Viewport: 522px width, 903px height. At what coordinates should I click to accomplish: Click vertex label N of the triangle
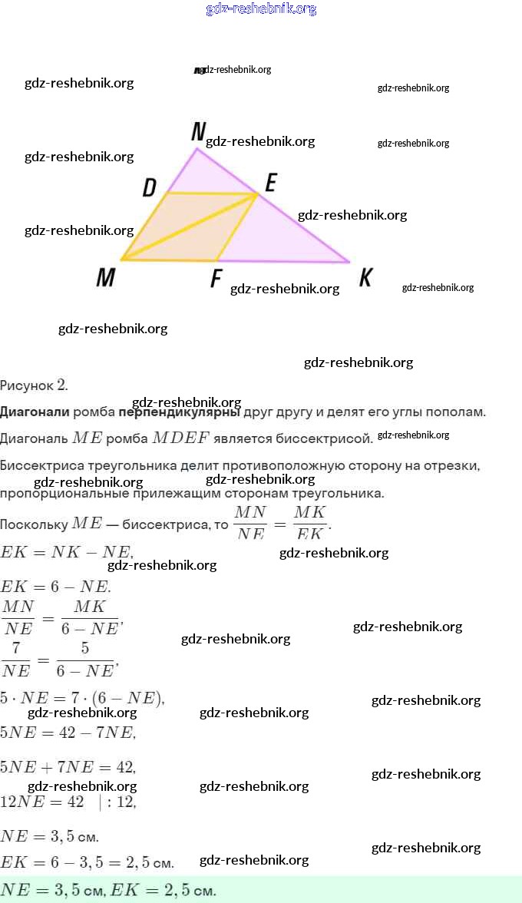pyautogui.click(x=198, y=133)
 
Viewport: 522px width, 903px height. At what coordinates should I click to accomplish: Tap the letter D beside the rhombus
pyautogui.click(x=150, y=187)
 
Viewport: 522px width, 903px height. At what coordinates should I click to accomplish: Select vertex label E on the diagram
pyautogui.click(x=270, y=183)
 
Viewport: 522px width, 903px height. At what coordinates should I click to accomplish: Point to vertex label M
pyautogui.click(x=105, y=277)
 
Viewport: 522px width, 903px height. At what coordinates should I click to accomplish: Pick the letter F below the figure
pyautogui.click(x=216, y=278)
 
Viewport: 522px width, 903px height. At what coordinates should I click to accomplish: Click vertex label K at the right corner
pyautogui.click(x=365, y=277)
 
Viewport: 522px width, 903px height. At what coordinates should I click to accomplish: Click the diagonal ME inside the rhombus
pyautogui.click(x=189, y=227)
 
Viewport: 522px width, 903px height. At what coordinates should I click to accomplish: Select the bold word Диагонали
pyautogui.click(x=35, y=412)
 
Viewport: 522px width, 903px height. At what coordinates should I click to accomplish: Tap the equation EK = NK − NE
pyautogui.click(x=68, y=551)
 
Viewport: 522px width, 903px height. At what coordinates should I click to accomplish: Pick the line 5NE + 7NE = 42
pyautogui.click(x=68, y=766)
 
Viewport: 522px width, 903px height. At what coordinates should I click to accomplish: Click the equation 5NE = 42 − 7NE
pyautogui.click(x=68, y=732)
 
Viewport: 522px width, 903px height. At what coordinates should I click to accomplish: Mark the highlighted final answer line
pyautogui.click(x=107, y=891)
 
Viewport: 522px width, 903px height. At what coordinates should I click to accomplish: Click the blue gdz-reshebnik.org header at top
pyautogui.click(x=261, y=9)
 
